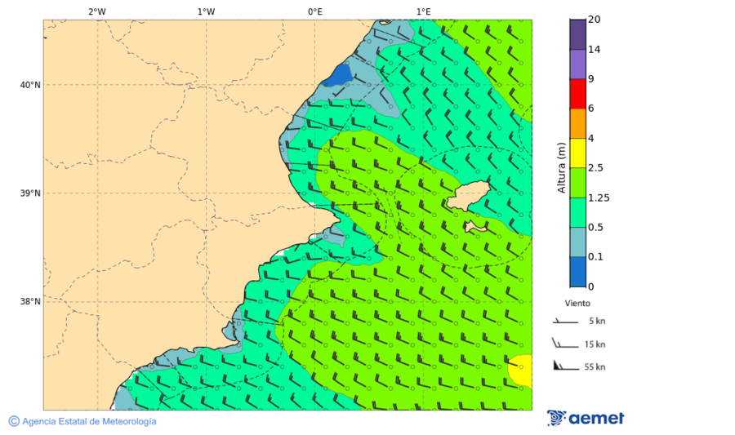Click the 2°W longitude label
[x=96, y=11]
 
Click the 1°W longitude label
[x=206, y=11]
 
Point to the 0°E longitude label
[x=314, y=11]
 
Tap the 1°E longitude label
[x=423, y=11]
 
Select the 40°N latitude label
[x=30, y=85]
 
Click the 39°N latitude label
[x=30, y=193]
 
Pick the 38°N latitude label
[x=30, y=302]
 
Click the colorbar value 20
[x=595, y=20]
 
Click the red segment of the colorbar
[x=577, y=93]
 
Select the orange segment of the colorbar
[x=577, y=123]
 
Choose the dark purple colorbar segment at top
[x=577, y=34]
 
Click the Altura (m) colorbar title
[x=561, y=167]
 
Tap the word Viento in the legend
[x=577, y=303]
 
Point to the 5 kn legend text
[x=597, y=322]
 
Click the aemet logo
[x=586, y=418]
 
